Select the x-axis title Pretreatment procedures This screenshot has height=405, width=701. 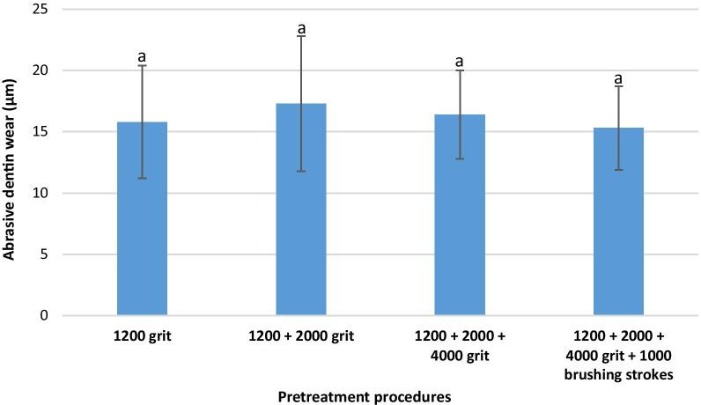pos(365,396)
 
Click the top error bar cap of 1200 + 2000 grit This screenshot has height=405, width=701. pos(301,36)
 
